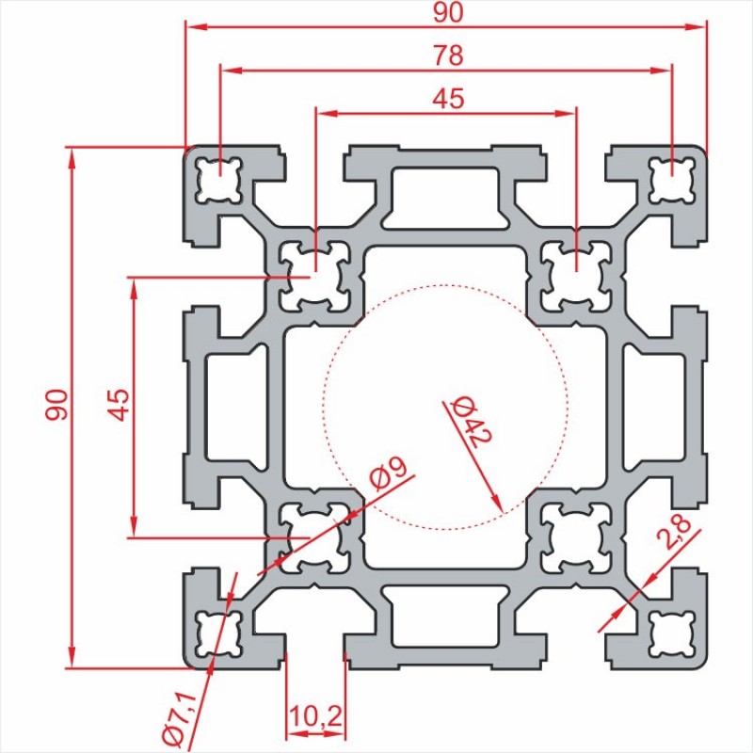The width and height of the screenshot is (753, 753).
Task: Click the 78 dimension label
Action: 448,56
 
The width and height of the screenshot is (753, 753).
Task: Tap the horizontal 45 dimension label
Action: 448,98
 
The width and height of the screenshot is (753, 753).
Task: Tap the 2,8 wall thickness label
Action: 675,532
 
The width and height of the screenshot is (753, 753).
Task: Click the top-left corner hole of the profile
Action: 218,180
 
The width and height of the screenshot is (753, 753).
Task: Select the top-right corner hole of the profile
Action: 672,180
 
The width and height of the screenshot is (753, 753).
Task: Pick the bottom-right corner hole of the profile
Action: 672,633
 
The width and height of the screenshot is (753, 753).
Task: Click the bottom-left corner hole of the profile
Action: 218,633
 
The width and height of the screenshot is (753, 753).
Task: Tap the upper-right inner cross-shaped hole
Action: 576,277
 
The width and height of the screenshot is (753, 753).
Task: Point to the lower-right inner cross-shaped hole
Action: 576,537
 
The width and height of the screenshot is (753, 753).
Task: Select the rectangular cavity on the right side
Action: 654,408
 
